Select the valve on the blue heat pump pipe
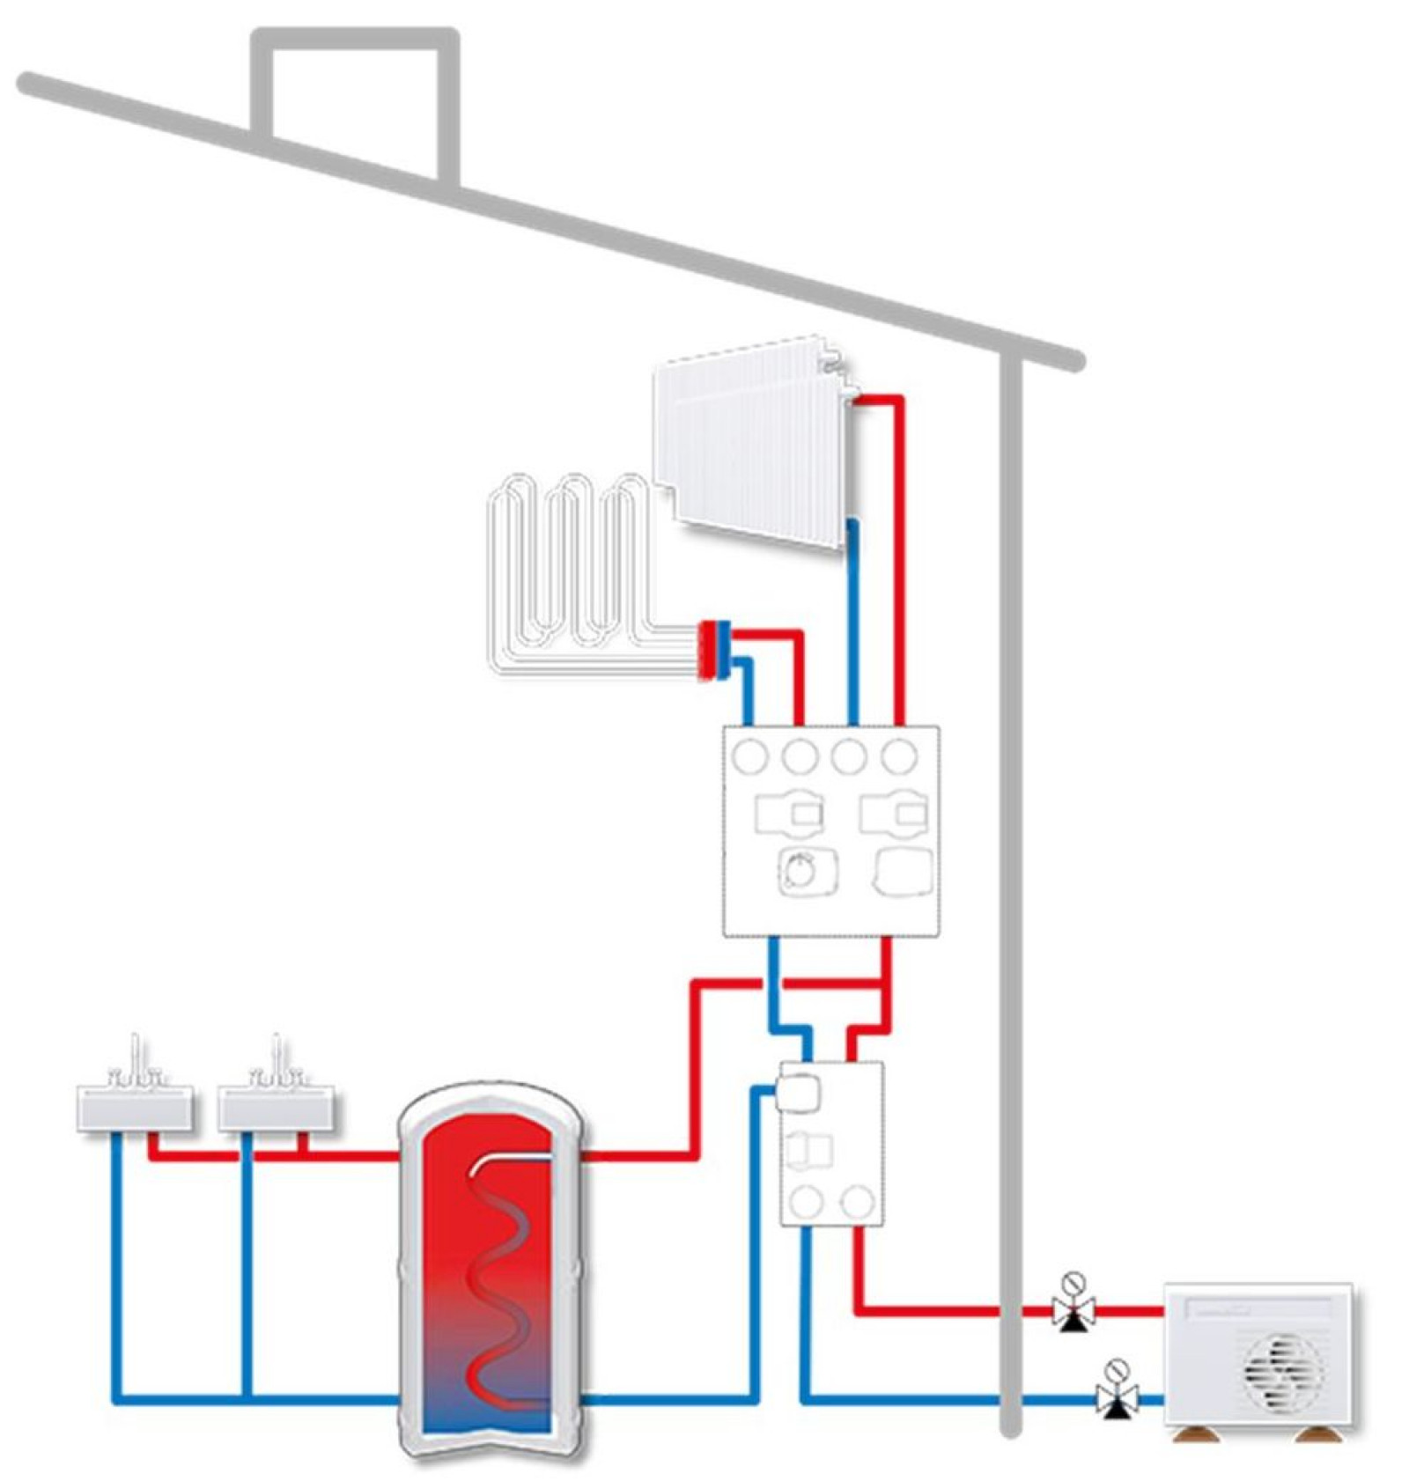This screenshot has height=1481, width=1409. click(x=1117, y=1396)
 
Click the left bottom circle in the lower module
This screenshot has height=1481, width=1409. click(x=806, y=1200)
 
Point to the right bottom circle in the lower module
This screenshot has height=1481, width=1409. click(x=856, y=1200)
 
